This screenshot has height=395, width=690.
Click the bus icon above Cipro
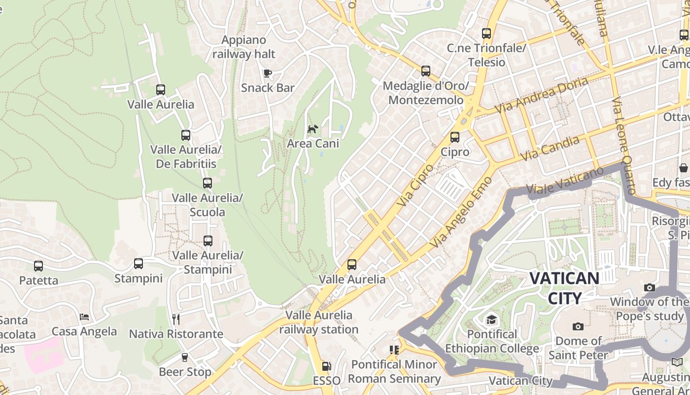[455, 137]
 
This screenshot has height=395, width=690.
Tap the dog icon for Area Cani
[312, 129]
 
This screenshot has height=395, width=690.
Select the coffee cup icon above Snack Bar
[268, 74]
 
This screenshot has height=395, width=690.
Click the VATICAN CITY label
[564, 288]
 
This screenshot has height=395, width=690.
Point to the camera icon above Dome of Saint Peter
[578, 326]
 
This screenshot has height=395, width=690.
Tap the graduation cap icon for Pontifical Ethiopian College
[491, 320]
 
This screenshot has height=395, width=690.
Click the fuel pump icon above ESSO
[326, 366]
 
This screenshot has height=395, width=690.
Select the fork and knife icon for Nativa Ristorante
[176, 319]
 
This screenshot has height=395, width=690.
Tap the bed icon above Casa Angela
[84, 316]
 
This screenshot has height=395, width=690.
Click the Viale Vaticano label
[565, 181]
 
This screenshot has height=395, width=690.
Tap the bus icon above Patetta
[38, 266]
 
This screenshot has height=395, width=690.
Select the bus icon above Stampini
[138, 264]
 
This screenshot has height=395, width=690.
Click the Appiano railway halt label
[243, 47]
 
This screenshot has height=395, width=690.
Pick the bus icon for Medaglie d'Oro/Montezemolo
[426, 71]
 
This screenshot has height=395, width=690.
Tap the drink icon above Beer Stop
[185, 357]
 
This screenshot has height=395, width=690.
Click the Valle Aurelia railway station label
[319, 322]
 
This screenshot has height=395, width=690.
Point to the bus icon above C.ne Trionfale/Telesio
[486, 34]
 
